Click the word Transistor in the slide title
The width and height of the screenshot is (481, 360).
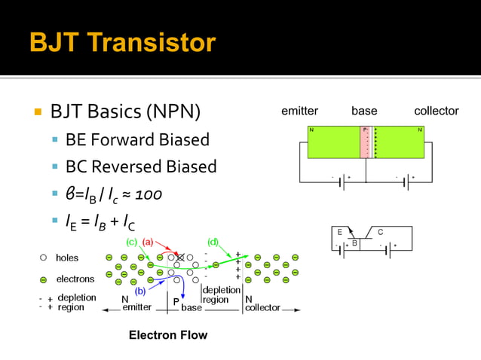[155, 42]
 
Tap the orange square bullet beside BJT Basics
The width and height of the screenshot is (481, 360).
[36, 113]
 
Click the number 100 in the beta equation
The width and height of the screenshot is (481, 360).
[149, 194]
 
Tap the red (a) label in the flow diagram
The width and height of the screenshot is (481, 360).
[148, 242]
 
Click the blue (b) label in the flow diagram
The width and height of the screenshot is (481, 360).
[140, 291]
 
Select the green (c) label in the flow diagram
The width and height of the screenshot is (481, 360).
[131, 242]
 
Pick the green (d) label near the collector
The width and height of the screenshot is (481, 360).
[213, 242]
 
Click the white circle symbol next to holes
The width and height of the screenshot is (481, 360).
[44, 258]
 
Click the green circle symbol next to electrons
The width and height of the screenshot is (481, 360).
[44, 279]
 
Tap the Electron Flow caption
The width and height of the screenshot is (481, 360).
[167, 334]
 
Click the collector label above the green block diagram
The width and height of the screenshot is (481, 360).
[436, 111]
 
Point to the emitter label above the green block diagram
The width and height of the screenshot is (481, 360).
[299, 111]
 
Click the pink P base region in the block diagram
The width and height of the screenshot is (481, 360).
[366, 143]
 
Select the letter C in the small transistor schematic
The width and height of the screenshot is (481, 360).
[381, 232]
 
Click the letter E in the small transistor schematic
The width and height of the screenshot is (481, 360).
[340, 232]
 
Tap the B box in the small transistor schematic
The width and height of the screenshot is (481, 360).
[354, 244]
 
